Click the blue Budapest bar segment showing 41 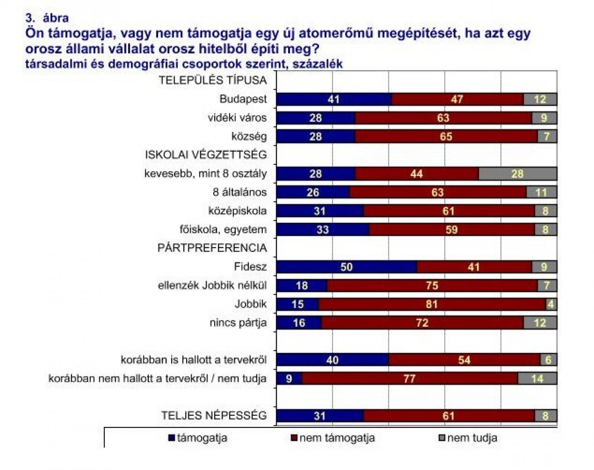pos(334,99)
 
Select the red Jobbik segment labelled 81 pos(432,304)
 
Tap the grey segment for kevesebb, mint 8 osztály pos(518,174)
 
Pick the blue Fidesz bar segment pos(346,267)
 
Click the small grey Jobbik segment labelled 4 pos(551,304)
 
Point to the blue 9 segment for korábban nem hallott pos(289,379)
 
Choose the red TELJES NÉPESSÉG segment pos(449,416)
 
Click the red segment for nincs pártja pos(422,323)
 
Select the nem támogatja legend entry pos(333,438)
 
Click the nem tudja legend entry pos(469,438)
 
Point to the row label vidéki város pos(237,118)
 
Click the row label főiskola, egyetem pos(223,230)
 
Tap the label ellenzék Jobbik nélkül pos(212,285)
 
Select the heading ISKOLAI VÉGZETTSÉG pos(206,155)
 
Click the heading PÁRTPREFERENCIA pos(212,248)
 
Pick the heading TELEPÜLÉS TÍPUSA pos(213,80)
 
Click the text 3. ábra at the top pos(47,18)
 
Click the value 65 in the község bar pos(446,137)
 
